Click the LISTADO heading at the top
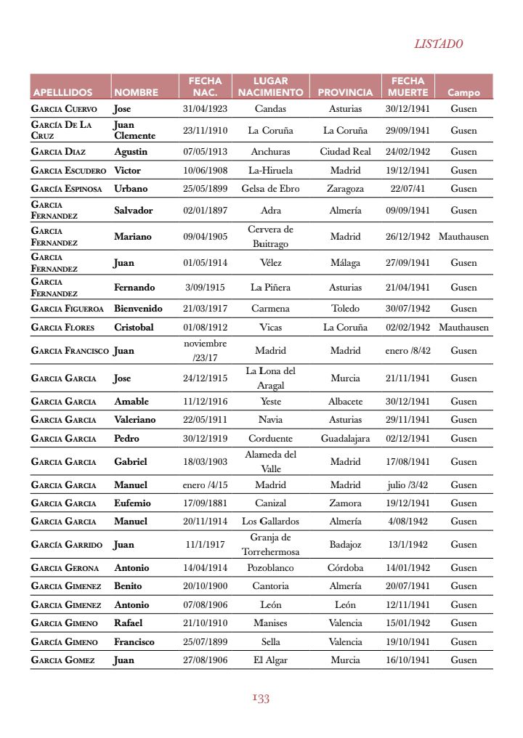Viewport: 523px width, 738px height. pyautogui.click(x=438, y=44)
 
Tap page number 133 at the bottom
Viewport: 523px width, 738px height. pyautogui.click(x=261, y=699)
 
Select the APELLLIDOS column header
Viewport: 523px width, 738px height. pyautogui.click(x=62, y=93)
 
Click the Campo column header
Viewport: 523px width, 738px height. pyautogui.click(x=463, y=93)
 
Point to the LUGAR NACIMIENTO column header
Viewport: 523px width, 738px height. pyautogui.click(x=270, y=86)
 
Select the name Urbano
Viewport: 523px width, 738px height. pyautogui.click(x=131, y=189)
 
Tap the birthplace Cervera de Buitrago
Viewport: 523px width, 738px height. pyautogui.click(x=270, y=236)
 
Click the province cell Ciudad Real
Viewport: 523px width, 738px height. pyautogui.click(x=345, y=152)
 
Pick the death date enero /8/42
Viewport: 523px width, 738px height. pyautogui.click(x=408, y=351)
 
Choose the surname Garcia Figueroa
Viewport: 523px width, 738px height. pyautogui.click(x=68, y=309)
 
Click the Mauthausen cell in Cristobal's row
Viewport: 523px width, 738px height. pyautogui.click(x=463, y=328)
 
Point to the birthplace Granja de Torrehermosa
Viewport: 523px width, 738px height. pyautogui.click(x=270, y=544)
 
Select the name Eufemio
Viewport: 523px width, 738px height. pyautogui.click(x=133, y=503)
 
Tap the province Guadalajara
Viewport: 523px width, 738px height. pyautogui.click(x=345, y=439)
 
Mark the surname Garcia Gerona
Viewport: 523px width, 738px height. pyautogui.click(x=65, y=568)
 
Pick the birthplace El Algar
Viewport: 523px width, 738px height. pyautogui.click(x=270, y=660)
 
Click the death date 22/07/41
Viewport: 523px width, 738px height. pyautogui.click(x=408, y=189)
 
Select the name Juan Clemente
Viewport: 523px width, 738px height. pyautogui.click(x=134, y=130)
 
